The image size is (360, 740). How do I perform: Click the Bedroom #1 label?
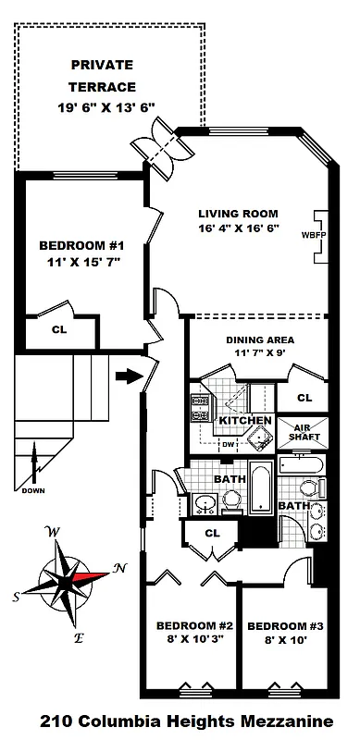click(x=81, y=246)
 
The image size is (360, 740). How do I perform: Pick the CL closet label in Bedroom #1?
click(x=58, y=328)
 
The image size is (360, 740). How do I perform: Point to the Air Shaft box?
click(x=306, y=433)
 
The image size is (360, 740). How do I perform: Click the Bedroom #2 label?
click(x=186, y=623)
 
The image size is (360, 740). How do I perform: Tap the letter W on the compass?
click(x=53, y=532)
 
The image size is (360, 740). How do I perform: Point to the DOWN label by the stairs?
click(x=33, y=490)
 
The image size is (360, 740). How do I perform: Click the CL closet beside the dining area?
click(x=305, y=397)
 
